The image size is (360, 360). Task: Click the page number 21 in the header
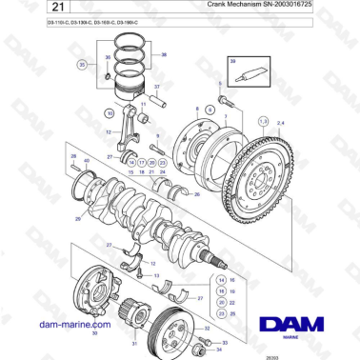tap(29, 9)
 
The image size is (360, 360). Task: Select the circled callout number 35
tap(83, 65)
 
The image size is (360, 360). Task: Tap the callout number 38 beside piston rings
tap(163, 54)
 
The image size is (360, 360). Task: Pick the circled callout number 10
tap(108, 111)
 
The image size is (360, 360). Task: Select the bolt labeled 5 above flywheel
tap(221, 99)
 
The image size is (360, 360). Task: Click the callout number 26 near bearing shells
tap(196, 193)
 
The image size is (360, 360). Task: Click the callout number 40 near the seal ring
tap(87, 161)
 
